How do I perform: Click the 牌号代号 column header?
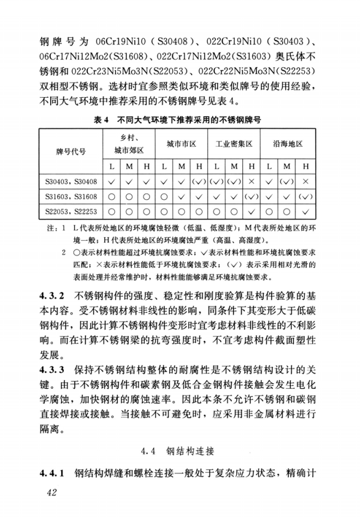[x=71, y=151]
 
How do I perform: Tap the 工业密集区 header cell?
[x=233, y=144]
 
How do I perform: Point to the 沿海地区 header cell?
[x=287, y=144]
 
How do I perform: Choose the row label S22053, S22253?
[x=71, y=211]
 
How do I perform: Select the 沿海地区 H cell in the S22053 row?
[x=305, y=211]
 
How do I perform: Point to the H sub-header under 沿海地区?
[x=305, y=166]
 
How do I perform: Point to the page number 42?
[x=52, y=494]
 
